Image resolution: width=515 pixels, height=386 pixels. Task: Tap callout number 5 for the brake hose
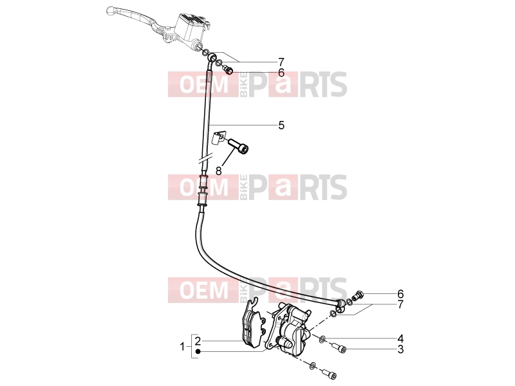click(x=281, y=125)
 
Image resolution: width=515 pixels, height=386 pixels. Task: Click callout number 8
click(x=219, y=170)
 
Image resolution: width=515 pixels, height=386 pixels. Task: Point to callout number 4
click(x=400, y=338)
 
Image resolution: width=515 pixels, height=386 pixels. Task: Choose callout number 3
click(x=400, y=349)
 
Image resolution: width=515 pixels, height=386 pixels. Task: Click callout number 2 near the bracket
click(x=198, y=341)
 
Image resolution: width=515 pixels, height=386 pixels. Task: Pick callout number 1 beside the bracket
click(x=183, y=346)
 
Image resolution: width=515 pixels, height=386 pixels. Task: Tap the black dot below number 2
click(x=198, y=352)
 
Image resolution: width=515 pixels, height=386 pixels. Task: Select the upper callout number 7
click(x=281, y=62)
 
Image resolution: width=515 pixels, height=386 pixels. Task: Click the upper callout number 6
click(x=281, y=73)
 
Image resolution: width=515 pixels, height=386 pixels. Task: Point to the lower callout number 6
click(x=400, y=294)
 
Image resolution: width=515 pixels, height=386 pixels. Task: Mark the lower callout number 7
click(x=400, y=304)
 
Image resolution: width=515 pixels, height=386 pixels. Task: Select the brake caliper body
click(x=289, y=328)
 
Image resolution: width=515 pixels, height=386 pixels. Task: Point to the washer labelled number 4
click(x=323, y=338)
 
